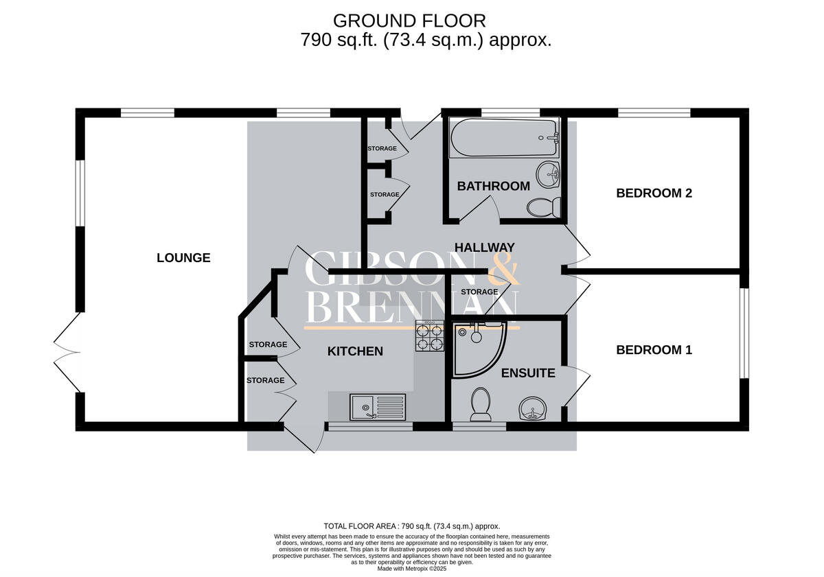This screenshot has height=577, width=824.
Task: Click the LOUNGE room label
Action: coord(183,258)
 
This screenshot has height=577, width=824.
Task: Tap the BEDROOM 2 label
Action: coord(654,193)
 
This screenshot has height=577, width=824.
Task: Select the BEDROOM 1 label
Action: coord(654,350)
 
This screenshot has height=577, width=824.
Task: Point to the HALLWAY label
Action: coord(484,248)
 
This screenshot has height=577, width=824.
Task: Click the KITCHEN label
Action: coord(354,351)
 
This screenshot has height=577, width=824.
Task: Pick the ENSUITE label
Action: coord(528,373)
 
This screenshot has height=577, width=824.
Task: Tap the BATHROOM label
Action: coord(493,186)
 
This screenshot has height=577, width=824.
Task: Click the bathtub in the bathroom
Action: coord(503,139)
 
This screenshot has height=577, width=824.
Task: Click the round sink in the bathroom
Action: coord(549,175)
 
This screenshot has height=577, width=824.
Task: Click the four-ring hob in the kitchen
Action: coord(430,337)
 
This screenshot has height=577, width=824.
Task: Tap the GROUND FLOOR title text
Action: coord(409,21)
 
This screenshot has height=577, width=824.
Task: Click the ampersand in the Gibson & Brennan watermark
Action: coord(505,270)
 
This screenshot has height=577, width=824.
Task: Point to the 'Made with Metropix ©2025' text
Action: coord(412,568)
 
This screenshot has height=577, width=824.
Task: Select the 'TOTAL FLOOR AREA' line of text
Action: coord(412,526)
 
